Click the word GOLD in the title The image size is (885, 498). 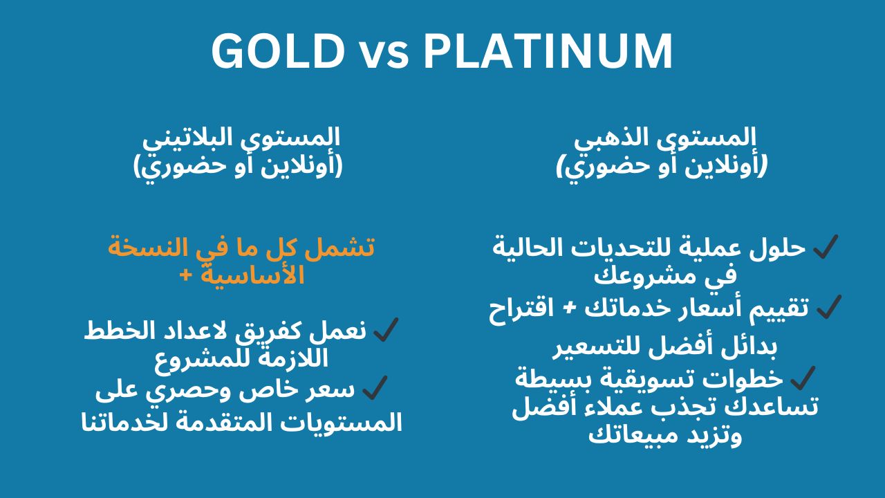(277, 52)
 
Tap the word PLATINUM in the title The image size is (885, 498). (548, 52)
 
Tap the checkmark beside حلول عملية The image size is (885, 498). (826, 246)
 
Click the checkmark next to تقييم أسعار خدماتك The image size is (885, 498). (828, 306)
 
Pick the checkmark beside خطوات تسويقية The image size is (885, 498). (803, 378)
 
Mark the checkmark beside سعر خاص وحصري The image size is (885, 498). (374, 388)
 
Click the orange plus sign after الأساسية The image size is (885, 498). (185, 274)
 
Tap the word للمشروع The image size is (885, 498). (195, 360)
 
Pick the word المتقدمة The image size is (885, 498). (214, 423)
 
